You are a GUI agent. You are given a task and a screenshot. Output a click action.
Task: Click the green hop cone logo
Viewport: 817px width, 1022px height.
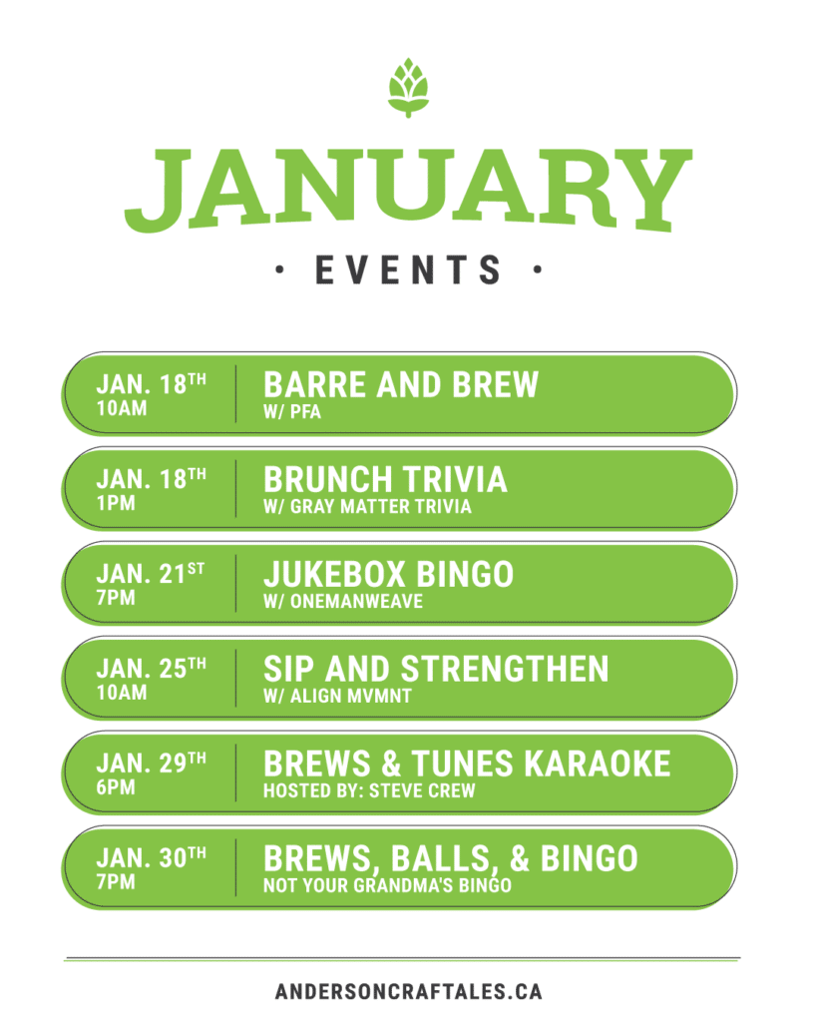409,88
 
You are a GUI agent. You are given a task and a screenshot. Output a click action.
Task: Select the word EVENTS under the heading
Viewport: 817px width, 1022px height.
409,269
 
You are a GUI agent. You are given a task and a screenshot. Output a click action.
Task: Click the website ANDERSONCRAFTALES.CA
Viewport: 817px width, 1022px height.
409,991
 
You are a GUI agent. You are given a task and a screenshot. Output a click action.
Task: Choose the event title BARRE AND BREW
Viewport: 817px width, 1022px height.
401,384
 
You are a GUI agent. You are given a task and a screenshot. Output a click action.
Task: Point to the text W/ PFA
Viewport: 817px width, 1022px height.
292,412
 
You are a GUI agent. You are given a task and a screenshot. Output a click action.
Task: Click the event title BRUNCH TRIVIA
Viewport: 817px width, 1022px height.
385,480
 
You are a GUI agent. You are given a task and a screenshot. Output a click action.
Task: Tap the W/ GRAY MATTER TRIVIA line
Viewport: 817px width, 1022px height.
367,506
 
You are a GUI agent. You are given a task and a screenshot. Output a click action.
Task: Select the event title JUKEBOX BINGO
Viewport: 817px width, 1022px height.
388,574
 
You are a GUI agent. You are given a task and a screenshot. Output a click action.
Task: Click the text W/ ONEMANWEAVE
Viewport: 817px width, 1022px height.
343,601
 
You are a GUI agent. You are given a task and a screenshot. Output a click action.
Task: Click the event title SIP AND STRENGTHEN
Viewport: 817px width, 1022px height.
436,670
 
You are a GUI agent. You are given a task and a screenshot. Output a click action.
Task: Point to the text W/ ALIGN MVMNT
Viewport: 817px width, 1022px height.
337,696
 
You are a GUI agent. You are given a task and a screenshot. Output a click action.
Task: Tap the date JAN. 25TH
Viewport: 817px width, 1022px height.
152,669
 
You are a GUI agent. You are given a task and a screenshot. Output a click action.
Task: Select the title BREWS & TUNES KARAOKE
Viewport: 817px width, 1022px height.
467,764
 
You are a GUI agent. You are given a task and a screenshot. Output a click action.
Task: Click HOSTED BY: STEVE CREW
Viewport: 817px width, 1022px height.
369,790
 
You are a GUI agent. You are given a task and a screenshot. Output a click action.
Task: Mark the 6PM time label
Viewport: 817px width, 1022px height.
116,787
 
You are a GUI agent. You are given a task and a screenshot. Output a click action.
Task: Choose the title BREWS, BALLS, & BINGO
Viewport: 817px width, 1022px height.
451,859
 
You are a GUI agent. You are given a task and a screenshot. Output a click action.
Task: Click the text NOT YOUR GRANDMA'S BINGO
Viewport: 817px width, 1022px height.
387,885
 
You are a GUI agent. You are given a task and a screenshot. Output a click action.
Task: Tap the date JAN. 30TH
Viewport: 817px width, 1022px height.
152,857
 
